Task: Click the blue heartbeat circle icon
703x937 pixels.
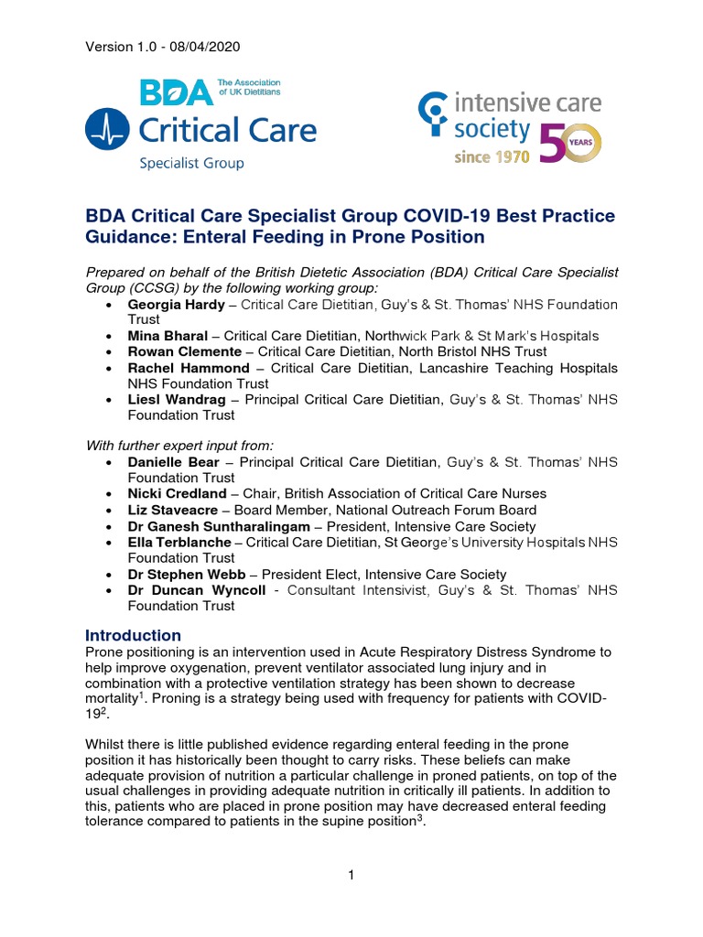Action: [108, 129]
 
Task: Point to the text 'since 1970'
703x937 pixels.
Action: [492, 156]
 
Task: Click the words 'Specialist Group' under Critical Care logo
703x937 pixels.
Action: [191, 164]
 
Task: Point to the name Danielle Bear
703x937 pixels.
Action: [174, 462]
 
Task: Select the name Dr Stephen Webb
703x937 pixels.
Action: [187, 574]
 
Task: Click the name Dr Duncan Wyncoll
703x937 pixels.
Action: [197, 590]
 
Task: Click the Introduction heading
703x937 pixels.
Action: [133, 635]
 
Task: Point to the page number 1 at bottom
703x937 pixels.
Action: [351, 876]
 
